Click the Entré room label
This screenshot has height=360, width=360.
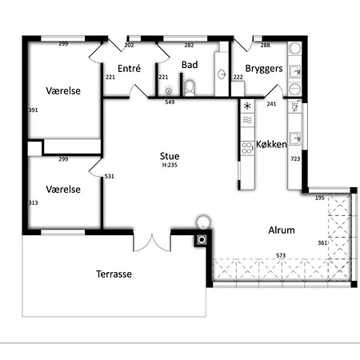coord(129,69)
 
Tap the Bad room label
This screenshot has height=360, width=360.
coord(190,65)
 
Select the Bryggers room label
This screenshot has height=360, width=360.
coord(264,69)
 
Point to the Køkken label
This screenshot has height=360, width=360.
coord(271,145)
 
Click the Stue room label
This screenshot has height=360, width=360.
coord(169,157)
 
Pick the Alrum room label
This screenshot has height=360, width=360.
coord(281,230)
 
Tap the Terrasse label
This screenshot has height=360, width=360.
coord(114,274)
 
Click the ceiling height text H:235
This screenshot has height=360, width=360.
coord(169,166)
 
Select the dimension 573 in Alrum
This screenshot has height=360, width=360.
coord(281,255)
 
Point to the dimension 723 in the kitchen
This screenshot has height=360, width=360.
coord(295,160)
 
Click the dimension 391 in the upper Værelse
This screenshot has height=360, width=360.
coord(34,110)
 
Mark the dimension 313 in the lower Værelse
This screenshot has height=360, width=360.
coord(34,203)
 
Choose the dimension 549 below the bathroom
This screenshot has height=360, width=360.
coord(170,102)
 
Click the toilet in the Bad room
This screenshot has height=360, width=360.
coord(190,86)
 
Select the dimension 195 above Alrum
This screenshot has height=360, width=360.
coord(319,197)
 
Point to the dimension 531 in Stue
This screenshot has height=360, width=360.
coord(110,177)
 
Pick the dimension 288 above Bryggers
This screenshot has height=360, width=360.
coord(266,46)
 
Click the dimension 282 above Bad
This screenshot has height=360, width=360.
coord(190,46)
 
